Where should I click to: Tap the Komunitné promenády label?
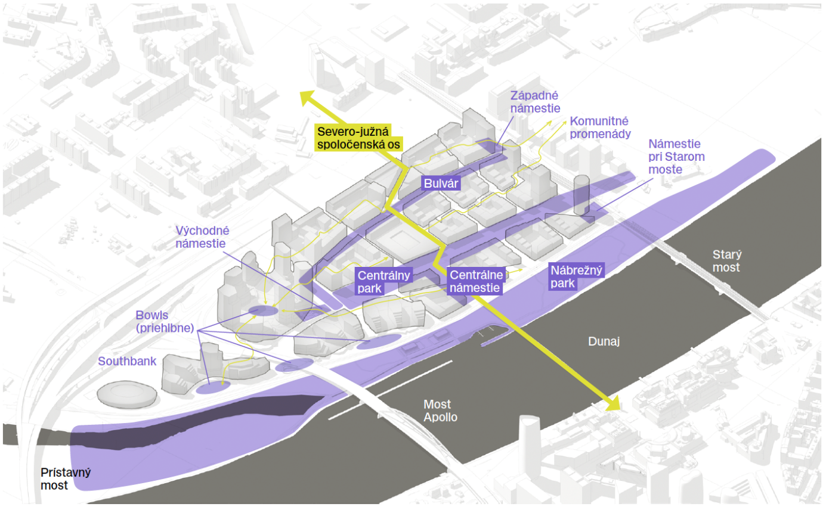pyautogui.click(x=600, y=127)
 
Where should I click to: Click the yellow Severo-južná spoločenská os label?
pyautogui.click(x=358, y=138)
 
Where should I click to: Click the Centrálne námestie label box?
pyautogui.click(x=475, y=281)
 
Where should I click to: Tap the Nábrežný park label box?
pyautogui.click(x=576, y=276)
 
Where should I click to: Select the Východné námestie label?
pyautogui.click(x=203, y=237)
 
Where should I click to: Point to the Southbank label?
pyautogui.click(x=127, y=361)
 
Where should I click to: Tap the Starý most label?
pyautogui.click(x=726, y=261)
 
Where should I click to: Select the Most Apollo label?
pyautogui.click(x=440, y=411)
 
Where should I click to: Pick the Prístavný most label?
pyautogui.click(x=66, y=479)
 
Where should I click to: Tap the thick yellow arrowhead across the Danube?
pyautogui.click(x=612, y=405)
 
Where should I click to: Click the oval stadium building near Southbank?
pyautogui.click(x=126, y=394)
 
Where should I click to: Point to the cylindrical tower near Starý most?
pyautogui.click(x=581, y=194)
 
